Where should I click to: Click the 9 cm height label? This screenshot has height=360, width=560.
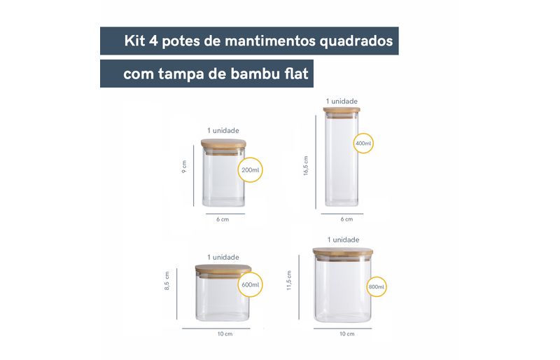184,167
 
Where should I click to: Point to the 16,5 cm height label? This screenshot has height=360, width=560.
306,165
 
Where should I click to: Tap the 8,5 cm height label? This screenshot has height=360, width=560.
167,281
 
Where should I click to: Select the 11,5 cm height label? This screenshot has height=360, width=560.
289,280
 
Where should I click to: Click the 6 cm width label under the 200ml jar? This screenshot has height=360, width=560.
223,219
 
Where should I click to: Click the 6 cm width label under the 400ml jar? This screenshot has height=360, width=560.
346,219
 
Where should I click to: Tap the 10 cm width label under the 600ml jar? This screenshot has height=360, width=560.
225,334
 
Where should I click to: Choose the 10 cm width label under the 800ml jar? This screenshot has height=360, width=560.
346,334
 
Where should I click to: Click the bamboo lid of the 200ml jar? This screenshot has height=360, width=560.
223,144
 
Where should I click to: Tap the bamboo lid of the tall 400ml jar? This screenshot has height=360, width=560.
342,110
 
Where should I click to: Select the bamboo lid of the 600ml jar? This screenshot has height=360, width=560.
223,268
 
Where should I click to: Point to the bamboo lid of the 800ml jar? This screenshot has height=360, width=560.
343,251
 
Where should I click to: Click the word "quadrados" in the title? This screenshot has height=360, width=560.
356,41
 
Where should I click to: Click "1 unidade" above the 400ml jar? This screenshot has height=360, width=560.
342,101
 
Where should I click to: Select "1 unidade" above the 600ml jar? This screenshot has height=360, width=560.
223,257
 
